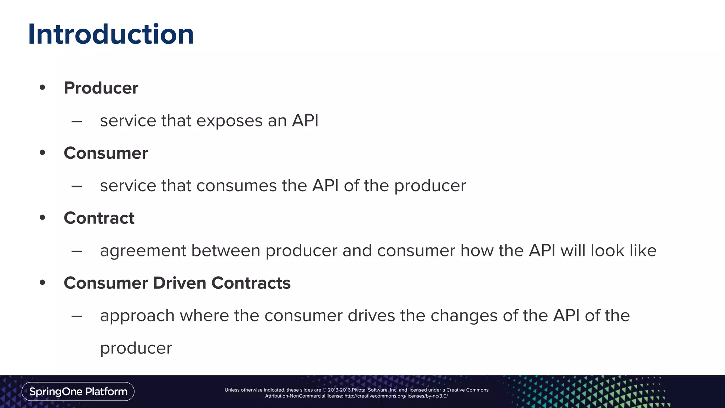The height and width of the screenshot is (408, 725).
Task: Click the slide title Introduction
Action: (111, 34)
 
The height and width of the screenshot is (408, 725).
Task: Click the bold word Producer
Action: (101, 88)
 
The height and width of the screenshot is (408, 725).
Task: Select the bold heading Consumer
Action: (105, 153)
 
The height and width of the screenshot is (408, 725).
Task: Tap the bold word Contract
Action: (99, 218)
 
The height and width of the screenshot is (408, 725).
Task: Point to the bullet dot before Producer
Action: (42, 87)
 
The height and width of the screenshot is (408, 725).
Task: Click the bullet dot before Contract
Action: (42, 217)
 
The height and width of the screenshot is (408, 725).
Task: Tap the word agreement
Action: (143, 251)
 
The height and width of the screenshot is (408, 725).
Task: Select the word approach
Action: (137, 316)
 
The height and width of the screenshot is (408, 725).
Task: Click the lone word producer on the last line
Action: (136, 348)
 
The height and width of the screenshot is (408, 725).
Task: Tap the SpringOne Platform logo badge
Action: (78, 391)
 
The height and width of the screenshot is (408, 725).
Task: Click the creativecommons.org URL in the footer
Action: (396, 396)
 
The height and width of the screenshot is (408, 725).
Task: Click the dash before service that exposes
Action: (77, 121)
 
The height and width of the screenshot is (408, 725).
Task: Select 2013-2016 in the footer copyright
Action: (339, 390)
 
